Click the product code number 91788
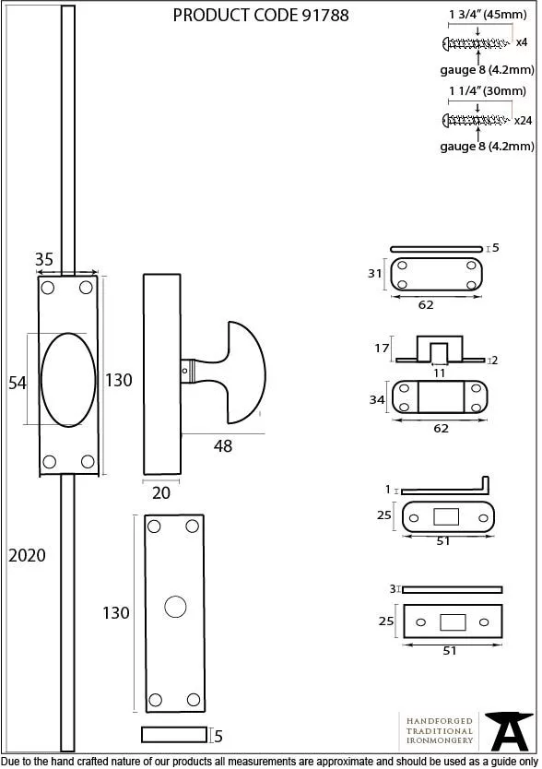[x=324, y=15]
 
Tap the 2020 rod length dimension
[x=27, y=556]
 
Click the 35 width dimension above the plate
[x=44, y=259]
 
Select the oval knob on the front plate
[x=68, y=380]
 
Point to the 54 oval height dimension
[x=18, y=383]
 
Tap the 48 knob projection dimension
[x=223, y=445]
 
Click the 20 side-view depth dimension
[x=161, y=493]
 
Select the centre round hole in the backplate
[x=175, y=607]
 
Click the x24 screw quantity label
[x=523, y=121]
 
